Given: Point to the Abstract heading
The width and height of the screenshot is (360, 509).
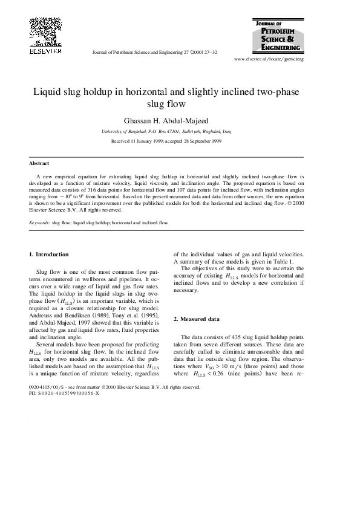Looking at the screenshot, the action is (39, 163).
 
